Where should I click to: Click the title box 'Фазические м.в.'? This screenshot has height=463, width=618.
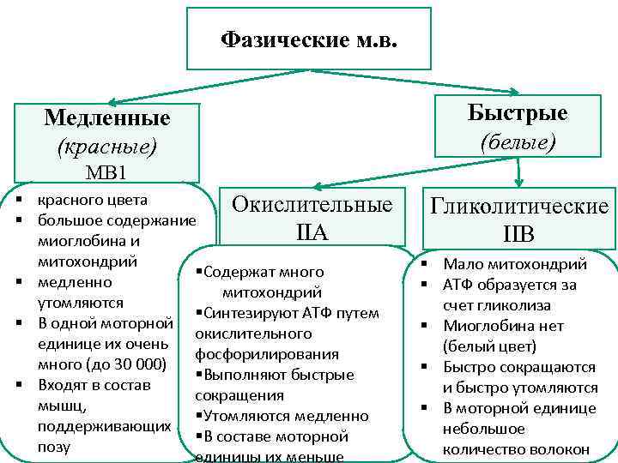click(x=309, y=39)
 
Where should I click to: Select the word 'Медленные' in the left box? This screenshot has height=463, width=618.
click(x=106, y=117)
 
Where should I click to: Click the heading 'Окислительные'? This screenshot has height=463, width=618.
click(x=312, y=205)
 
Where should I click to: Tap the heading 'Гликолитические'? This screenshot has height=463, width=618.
click(x=520, y=207)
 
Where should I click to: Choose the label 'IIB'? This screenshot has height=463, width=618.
click(x=520, y=234)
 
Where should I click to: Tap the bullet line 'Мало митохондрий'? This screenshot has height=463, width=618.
click(x=514, y=264)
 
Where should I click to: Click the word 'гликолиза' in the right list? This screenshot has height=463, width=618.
click(x=514, y=305)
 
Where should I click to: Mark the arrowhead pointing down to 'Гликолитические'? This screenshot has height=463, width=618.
click(x=518, y=182)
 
